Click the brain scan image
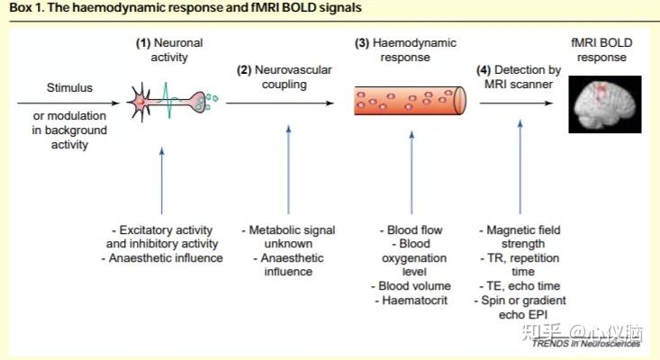coord(605,104)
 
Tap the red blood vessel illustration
coord(410,101)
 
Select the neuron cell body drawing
coord(140,103)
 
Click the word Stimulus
coord(69,88)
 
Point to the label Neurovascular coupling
coord(285,77)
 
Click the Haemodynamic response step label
coord(405,50)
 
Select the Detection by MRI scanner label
coord(519,77)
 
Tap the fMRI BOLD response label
coord(601,50)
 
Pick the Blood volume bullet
coord(411,286)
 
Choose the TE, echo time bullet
coord(520,286)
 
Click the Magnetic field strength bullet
coord(520,237)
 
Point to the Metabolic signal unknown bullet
coord(288,237)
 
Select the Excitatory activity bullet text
coord(162,237)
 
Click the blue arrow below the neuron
coord(162,181)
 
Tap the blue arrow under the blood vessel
coord(411,173)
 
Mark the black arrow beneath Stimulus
coord(68,103)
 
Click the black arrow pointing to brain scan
coord(516,103)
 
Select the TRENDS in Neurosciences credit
coord(586,344)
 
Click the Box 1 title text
coord(185,7)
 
